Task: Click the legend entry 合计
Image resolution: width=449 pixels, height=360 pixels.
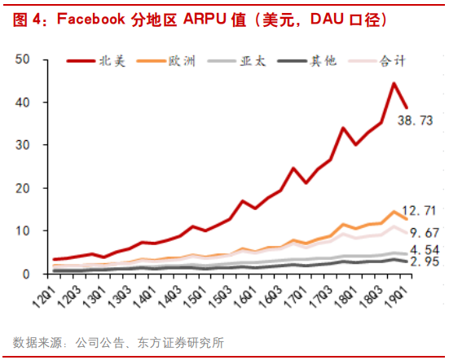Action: pos(390,60)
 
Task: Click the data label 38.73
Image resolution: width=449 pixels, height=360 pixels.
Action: pos(415,121)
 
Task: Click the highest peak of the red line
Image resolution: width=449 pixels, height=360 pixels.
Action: pos(394,83)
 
